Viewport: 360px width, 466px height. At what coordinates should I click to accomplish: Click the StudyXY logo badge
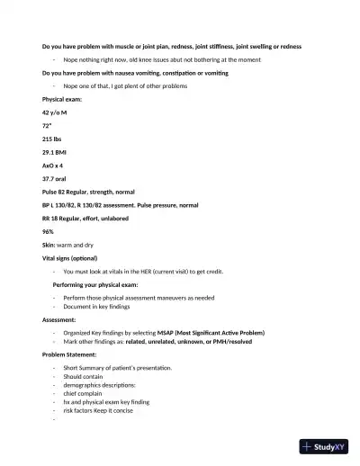[325, 445]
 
